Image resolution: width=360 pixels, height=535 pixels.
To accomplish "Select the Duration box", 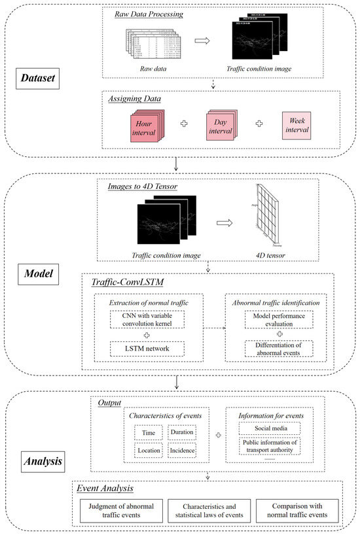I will (181, 432).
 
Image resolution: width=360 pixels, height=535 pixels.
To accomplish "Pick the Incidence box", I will (181, 451).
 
